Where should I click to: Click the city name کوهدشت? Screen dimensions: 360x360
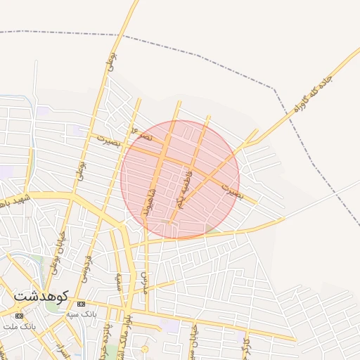[x=40, y=296]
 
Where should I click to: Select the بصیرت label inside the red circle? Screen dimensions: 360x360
[x=231, y=190]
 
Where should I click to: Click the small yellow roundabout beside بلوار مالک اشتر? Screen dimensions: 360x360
[x=145, y=349]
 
